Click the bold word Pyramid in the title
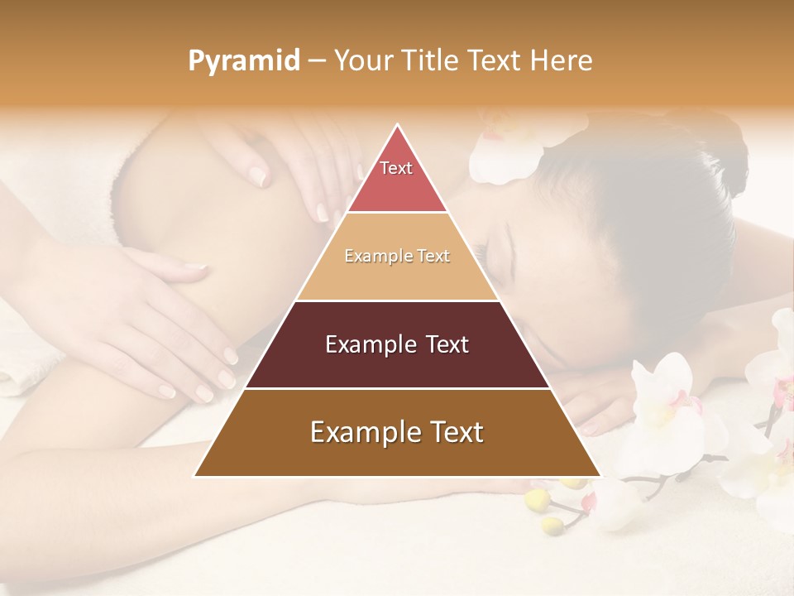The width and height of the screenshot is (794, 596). click(244, 61)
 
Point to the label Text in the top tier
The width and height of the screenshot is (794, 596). click(396, 168)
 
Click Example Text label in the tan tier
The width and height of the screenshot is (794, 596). click(397, 256)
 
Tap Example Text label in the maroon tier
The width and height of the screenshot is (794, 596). click(397, 344)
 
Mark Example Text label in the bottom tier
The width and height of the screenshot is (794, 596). click(397, 432)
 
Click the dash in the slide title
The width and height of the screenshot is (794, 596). click(317, 61)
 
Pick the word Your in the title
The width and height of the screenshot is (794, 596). click(362, 61)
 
